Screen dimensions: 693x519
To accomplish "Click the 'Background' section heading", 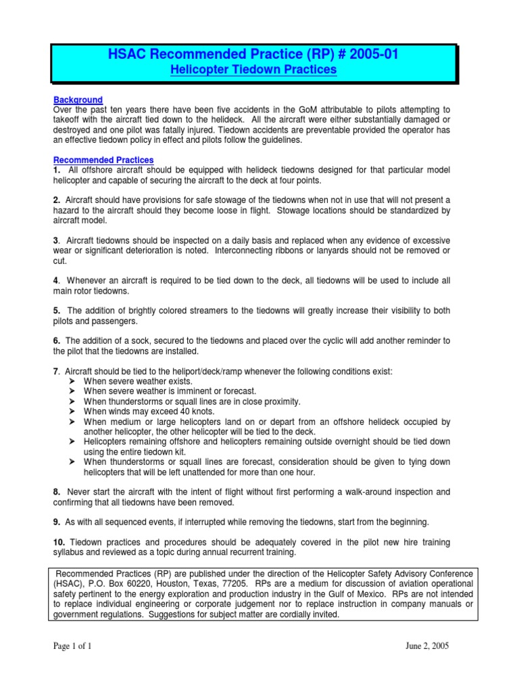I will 78,100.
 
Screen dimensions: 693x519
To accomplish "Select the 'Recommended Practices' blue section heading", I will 94,160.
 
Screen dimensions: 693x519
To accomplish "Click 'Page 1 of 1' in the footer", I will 72,646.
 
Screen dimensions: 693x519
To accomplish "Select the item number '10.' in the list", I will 59,543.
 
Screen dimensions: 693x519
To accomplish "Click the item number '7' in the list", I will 55,372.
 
